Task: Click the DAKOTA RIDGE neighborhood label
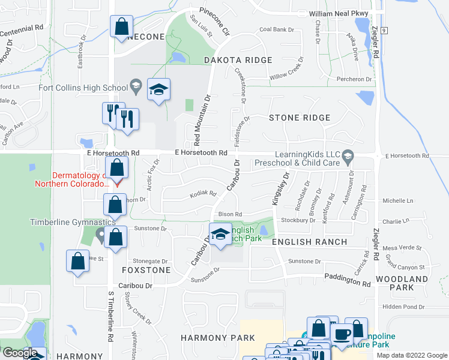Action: click(238, 60)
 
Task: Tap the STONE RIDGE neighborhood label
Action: click(300, 118)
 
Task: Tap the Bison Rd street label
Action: click(230, 214)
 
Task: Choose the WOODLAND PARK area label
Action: click(402, 284)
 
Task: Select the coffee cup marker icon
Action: click(342, 334)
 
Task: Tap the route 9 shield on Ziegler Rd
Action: click(383, 30)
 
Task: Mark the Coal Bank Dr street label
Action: click(277, 29)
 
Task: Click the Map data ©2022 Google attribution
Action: click(412, 355)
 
